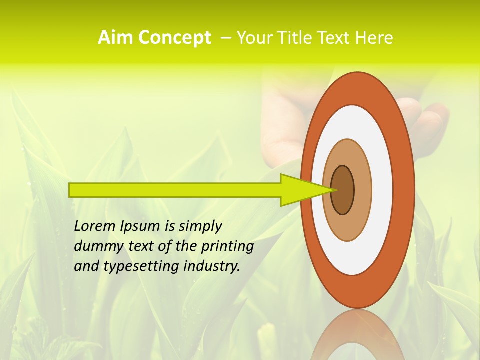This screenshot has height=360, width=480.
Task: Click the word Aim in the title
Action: [x=114, y=38]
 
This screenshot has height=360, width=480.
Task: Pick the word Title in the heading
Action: [x=295, y=38]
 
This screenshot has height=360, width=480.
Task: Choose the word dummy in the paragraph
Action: [x=96, y=246]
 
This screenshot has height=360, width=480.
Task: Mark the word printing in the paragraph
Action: [x=227, y=247]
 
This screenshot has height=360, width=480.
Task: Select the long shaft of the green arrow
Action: [x=175, y=190]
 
